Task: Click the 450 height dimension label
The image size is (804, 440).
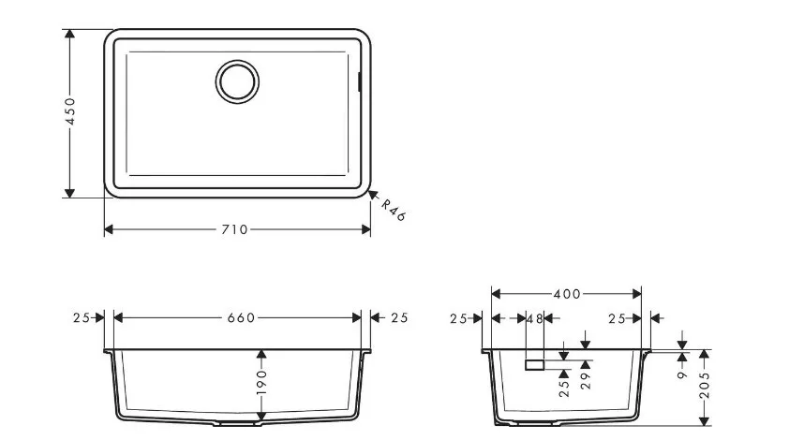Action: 70,111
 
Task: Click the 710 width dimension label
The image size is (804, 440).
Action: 235,230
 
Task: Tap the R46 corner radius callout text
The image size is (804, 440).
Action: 394,210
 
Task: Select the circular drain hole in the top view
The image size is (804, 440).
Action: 237,82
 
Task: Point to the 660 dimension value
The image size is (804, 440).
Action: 241,318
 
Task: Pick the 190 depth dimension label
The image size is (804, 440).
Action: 261,382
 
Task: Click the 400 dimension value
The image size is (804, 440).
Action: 567,295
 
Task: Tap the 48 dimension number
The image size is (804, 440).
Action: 535,319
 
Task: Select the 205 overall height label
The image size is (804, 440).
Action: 705,385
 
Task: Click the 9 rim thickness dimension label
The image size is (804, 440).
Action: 682,374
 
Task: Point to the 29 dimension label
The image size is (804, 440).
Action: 586,381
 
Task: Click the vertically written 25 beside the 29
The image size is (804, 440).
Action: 564,389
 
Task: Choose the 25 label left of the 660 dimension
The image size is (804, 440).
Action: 81,318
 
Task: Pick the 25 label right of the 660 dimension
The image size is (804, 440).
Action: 399,318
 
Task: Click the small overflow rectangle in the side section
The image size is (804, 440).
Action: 534,365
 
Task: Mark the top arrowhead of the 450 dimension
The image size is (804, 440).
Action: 69,34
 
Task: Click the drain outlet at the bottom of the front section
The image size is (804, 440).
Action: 237,423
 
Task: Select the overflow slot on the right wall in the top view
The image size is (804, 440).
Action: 359,82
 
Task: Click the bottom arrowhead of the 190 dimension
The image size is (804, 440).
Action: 261,416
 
